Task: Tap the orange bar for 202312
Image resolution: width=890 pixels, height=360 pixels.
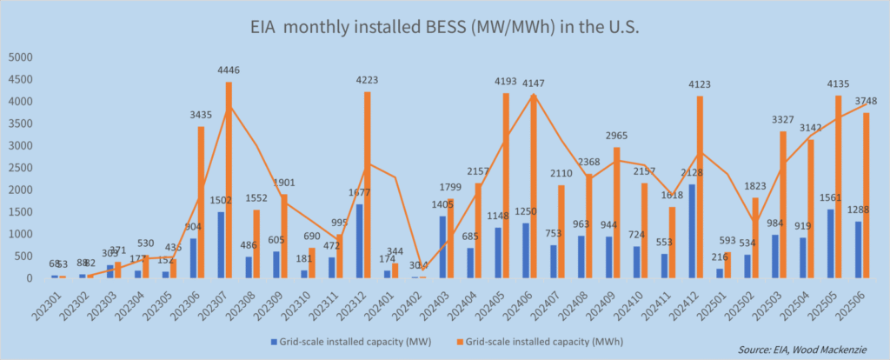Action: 369,185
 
